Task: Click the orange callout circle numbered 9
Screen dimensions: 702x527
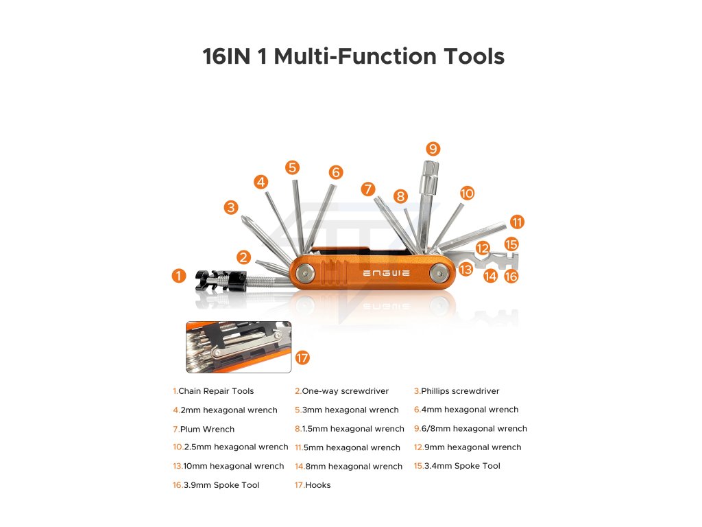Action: pyautogui.click(x=433, y=149)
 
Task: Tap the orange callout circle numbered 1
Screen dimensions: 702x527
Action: pyautogui.click(x=179, y=276)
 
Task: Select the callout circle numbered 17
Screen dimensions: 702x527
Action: pyautogui.click(x=302, y=358)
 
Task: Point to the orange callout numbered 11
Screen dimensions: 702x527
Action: pyautogui.click(x=517, y=222)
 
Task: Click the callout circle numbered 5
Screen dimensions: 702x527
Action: pyautogui.click(x=292, y=167)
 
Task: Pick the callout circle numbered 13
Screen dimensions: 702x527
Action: pyautogui.click(x=465, y=269)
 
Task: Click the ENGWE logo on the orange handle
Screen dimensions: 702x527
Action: pyautogui.click(x=386, y=273)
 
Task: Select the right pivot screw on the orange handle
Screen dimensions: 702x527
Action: pyautogui.click(x=439, y=272)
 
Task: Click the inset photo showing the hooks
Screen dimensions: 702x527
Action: pyautogui.click(x=238, y=347)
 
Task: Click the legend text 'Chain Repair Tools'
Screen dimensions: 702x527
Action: pyautogui.click(x=216, y=390)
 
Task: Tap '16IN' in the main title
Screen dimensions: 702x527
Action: pyautogui.click(x=226, y=56)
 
